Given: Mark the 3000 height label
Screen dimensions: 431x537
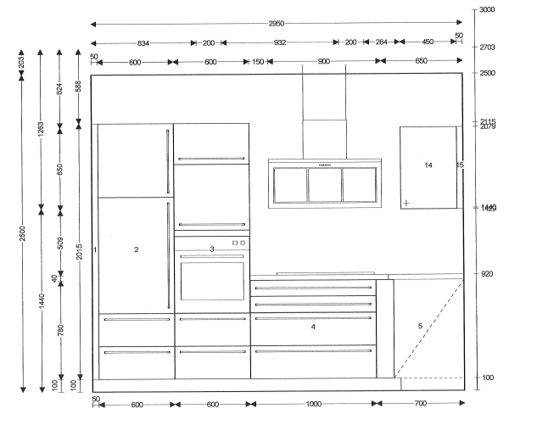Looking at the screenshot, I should [x=487, y=10].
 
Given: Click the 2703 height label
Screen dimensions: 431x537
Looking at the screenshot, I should [x=487, y=48].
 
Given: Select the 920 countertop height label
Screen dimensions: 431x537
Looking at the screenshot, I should [x=487, y=274].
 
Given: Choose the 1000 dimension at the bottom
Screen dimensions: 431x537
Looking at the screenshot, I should [x=313, y=405].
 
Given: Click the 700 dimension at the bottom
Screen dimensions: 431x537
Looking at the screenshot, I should [x=422, y=405].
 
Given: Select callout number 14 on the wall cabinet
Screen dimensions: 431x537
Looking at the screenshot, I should [x=428, y=165].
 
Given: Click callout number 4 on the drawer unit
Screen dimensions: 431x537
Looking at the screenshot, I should [x=313, y=327].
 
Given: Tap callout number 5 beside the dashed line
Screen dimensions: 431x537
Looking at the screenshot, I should [x=419, y=327].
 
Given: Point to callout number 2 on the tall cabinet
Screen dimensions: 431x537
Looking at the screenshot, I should [x=136, y=249].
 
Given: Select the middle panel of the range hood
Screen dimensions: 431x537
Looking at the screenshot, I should [x=324, y=184].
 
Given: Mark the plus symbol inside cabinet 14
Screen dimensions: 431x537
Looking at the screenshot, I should [x=408, y=202].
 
